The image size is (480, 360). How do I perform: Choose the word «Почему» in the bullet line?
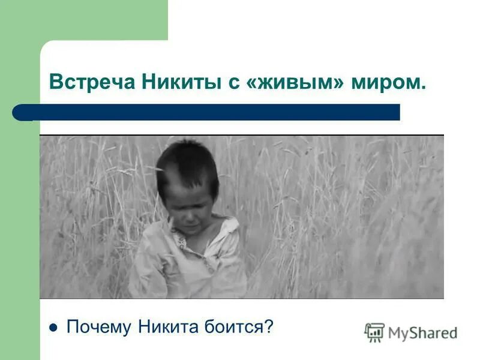pos(99,327)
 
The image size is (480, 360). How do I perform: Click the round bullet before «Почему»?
pos(53,328)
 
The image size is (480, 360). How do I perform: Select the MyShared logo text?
pos(422,332)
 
